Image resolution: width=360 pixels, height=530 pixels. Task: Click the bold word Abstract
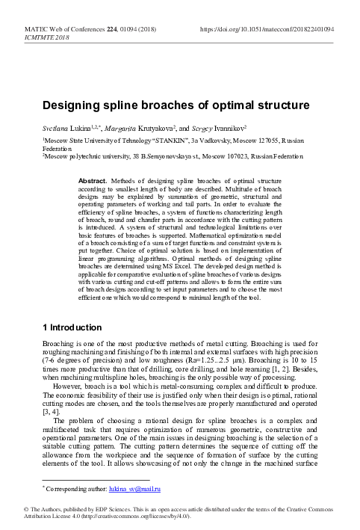(92, 181)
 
